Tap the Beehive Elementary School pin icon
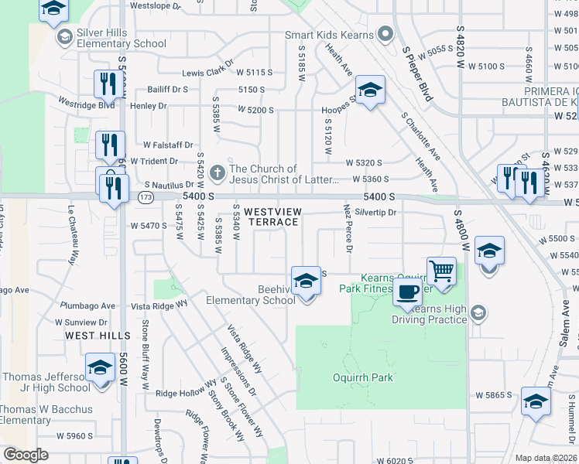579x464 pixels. click(x=306, y=281)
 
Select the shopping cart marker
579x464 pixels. click(x=441, y=271)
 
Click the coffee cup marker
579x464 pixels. click(x=407, y=292)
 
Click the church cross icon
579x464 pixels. click(x=218, y=173)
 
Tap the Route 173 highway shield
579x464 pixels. click(x=146, y=198)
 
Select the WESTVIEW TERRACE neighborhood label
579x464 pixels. click(x=271, y=217)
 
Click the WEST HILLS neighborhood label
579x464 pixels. click(x=98, y=336)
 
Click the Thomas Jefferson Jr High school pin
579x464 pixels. click(x=100, y=370)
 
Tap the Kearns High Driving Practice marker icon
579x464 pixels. click(x=478, y=312)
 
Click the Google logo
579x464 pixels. click(x=26, y=455)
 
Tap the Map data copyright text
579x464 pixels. click(x=546, y=458)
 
